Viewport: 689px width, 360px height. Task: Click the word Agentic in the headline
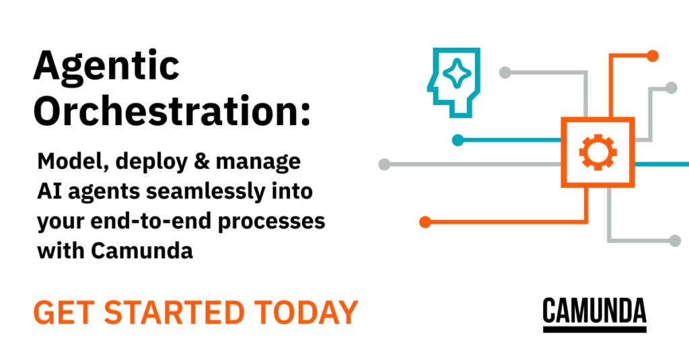[x=106, y=67]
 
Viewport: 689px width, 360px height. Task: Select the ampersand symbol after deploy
[x=202, y=161]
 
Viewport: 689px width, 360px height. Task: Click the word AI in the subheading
[x=49, y=191]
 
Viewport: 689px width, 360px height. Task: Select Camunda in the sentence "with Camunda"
[x=142, y=250]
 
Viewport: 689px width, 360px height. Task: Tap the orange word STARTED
[x=174, y=312]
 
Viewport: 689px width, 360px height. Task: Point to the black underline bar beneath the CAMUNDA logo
[x=595, y=329]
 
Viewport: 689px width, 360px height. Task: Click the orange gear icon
[x=597, y=152]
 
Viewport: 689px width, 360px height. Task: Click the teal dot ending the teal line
[x=458, y=140]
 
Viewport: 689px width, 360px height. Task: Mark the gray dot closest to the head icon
[x=505, y=73]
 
